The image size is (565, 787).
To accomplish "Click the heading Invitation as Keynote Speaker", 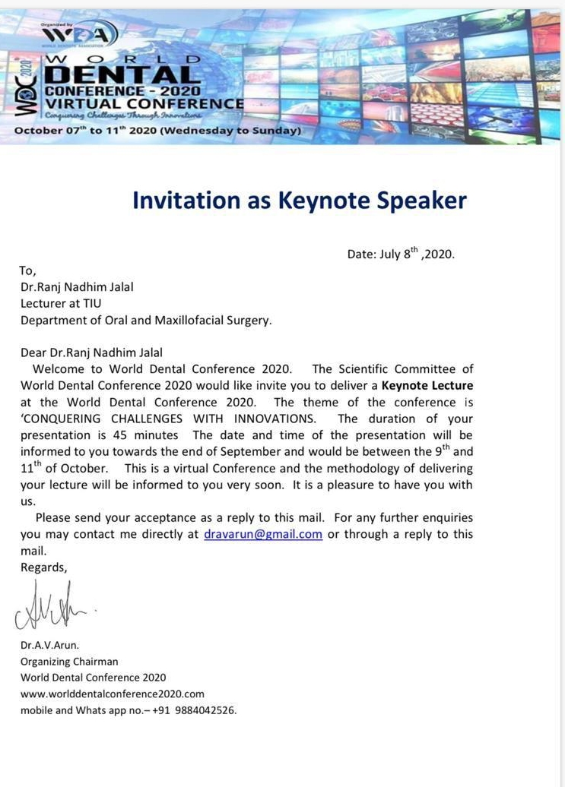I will coord(299,200).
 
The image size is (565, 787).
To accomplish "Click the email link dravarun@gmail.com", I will coord(263,534).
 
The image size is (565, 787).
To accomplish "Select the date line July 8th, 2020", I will coord(401,254).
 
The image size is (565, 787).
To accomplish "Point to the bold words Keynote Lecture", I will coord(427,386).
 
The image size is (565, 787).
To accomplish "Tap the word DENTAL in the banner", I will coord(122,75).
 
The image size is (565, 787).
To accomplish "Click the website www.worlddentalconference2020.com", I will coord(113,694).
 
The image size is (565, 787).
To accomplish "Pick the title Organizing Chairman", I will coord(69,661).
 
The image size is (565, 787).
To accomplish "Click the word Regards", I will coord(44,567).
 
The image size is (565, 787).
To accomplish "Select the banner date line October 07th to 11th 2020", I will coord(158,131).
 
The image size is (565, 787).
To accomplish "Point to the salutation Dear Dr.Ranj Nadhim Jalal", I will coord(92,352).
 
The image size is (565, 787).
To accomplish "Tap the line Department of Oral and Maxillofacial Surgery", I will coord(146,320).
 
